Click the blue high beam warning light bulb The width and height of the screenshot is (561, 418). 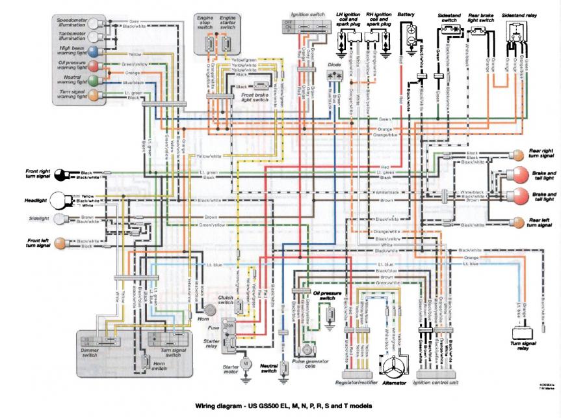[x=95, y=50]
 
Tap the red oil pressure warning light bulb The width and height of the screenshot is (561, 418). [x=95, y=65]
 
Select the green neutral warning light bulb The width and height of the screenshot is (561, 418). [x=95, y=80]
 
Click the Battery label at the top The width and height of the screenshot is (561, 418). [x=406, y=14]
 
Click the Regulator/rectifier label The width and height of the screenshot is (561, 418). [x=356, y=382]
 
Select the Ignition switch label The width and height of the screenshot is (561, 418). [x=303, y=12]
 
